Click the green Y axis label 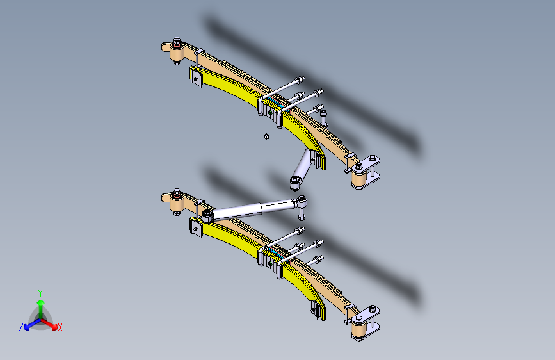[40, 292]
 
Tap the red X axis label [60, 328]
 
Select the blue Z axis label [21, 327]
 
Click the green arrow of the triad [40, 304]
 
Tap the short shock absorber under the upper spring [300, 168]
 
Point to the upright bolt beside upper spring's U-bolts [324, 117]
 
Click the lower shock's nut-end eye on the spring [207, 213]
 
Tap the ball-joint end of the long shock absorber [303, 203]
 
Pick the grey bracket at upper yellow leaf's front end [195, 77]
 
